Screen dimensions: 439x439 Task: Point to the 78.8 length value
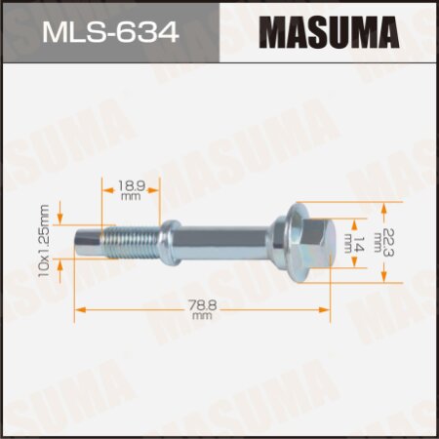pos(202,305)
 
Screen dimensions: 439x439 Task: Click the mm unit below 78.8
pos(202,316)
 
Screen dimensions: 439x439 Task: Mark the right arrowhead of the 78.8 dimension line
pos(327,309)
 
